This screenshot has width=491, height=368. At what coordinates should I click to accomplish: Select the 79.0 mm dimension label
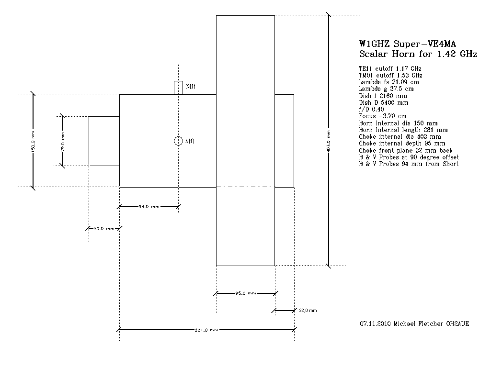pos(62,141)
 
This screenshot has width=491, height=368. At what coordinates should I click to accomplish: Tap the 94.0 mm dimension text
pos(148,207)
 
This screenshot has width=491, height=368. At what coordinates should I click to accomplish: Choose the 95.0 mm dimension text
pos(245,293)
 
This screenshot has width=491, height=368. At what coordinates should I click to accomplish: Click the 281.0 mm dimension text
pos(206,330)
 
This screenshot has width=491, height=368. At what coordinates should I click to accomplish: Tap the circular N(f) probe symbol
pos(178,140)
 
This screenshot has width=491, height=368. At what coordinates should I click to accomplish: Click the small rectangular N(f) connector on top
pos(178,87)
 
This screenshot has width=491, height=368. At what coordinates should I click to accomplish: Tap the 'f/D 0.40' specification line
pos(371,109)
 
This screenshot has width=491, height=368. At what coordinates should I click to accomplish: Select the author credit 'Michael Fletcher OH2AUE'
pos(431,324)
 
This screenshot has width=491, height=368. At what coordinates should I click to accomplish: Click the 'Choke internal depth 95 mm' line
pos(402,143)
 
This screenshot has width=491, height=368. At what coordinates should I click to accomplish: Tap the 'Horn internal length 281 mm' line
pos(403,130)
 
